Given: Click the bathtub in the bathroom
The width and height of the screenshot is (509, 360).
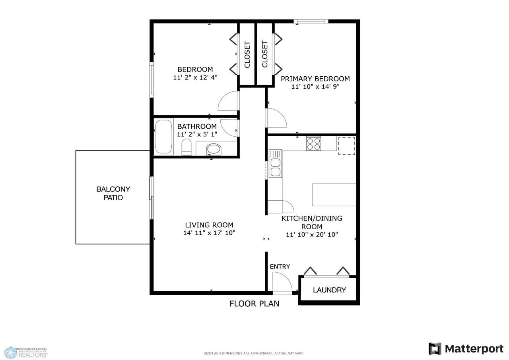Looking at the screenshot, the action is click(x=163, y=137).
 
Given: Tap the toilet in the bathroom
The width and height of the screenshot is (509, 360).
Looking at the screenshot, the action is click(x=187, y=147).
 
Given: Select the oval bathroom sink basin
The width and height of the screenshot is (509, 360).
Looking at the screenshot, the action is click(x=214, y=149).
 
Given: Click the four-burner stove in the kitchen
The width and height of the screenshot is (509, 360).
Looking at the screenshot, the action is click(x=314, y=143).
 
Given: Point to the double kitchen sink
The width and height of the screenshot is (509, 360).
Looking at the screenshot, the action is click(x=276, y=163).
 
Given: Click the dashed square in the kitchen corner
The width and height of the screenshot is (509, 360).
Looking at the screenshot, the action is click(x=346, y=146).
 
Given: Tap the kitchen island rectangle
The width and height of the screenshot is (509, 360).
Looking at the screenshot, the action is click(x=334, y=195).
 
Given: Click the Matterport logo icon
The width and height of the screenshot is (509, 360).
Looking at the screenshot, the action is click(x=435, y=348).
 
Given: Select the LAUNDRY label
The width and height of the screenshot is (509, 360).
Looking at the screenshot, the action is click(x=329, y=290).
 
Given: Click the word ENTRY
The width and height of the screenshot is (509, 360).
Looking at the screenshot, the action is click(x=280, y=267).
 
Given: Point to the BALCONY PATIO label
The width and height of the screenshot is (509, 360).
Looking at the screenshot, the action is click(x=113, y=194).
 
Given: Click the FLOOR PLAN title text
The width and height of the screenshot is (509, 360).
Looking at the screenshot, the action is click(x=254, y=304).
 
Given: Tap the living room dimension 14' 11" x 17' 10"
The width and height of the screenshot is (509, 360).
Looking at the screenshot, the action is click(x=209, y=233).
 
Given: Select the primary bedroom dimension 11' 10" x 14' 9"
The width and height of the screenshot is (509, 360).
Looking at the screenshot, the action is click(x=315, y=87).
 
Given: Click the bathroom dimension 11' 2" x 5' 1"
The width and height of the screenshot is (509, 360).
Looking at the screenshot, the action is click(x=197, y=134).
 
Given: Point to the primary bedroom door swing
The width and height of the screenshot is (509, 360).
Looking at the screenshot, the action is click(x=281, y=114).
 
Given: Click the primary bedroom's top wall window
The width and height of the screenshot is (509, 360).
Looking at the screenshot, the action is click(x=311, y=21).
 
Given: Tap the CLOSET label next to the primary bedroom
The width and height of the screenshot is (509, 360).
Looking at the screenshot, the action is click(x=265, y=54).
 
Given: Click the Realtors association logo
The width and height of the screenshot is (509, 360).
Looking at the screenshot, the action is click(x=25, y=352).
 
